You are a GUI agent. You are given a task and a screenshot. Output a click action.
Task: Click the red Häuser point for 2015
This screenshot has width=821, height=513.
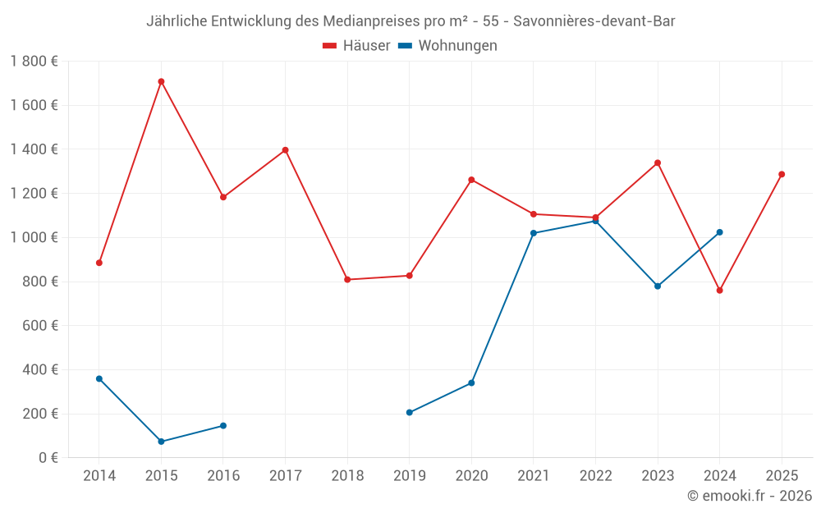pos(161,81)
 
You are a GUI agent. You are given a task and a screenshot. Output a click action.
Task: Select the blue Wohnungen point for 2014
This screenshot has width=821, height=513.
pos(99,378)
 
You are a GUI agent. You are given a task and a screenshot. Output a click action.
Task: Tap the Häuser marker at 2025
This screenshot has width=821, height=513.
pos(782,174)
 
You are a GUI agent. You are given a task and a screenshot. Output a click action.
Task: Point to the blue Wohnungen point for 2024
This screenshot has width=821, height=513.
pos(719,232)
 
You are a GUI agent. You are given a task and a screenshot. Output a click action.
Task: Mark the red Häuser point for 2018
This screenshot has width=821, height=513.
pos(347,280)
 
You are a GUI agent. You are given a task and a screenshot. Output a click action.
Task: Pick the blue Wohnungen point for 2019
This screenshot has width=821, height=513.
pos(410,412)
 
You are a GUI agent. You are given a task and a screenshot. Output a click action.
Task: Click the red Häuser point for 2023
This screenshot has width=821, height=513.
pos(658,163)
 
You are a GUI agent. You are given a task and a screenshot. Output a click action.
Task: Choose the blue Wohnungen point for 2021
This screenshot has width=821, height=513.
pos(534,233)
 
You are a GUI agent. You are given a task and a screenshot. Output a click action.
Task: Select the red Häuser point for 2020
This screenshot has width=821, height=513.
pos(471,180)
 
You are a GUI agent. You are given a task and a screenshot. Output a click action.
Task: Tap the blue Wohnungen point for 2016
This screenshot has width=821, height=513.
pos(223,425)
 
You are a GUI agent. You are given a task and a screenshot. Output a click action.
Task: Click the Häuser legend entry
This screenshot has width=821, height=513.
pos(356,46)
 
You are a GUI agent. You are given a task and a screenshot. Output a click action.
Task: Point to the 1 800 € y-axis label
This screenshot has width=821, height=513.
pos(34,62)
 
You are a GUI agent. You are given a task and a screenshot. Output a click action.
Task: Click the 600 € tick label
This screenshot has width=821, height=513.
pos(40,326)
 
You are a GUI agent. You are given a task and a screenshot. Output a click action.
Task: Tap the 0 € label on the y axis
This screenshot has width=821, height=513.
pos(48,458)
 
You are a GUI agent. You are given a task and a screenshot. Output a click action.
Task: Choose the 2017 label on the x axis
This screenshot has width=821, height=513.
pos(285,476)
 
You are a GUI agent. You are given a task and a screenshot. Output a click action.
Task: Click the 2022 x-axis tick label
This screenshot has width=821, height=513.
pos(595,476)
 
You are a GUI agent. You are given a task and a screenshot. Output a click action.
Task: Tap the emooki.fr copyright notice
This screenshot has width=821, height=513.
pos(749,496)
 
